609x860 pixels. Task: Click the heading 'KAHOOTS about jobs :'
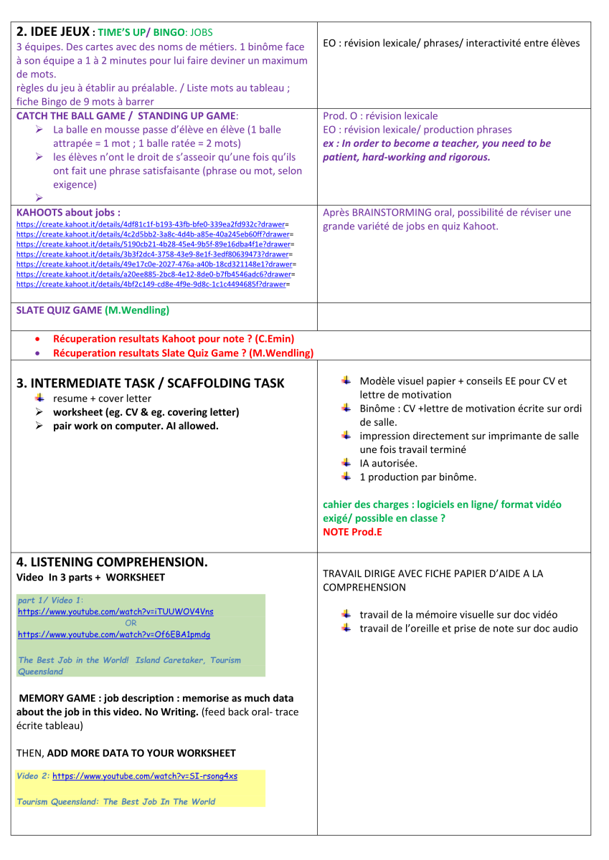tap(68, 213)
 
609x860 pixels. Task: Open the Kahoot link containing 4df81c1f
tap(151, 224)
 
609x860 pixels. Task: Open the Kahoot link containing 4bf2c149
tap(151, 285)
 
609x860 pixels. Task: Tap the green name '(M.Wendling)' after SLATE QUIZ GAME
tap(137, 310)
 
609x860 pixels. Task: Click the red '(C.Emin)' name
tap(275, 339)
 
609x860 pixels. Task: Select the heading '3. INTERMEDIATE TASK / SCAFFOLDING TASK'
tap(150, 383)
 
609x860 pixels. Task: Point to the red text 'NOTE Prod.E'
tap(352, 532)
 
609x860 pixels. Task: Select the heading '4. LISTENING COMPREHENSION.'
tap(111, 563)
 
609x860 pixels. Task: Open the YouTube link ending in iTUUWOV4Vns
tap(115, 612)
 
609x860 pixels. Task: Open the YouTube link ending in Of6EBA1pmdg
tap(114, 635)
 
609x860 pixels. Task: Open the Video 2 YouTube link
tap(145, 776)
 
